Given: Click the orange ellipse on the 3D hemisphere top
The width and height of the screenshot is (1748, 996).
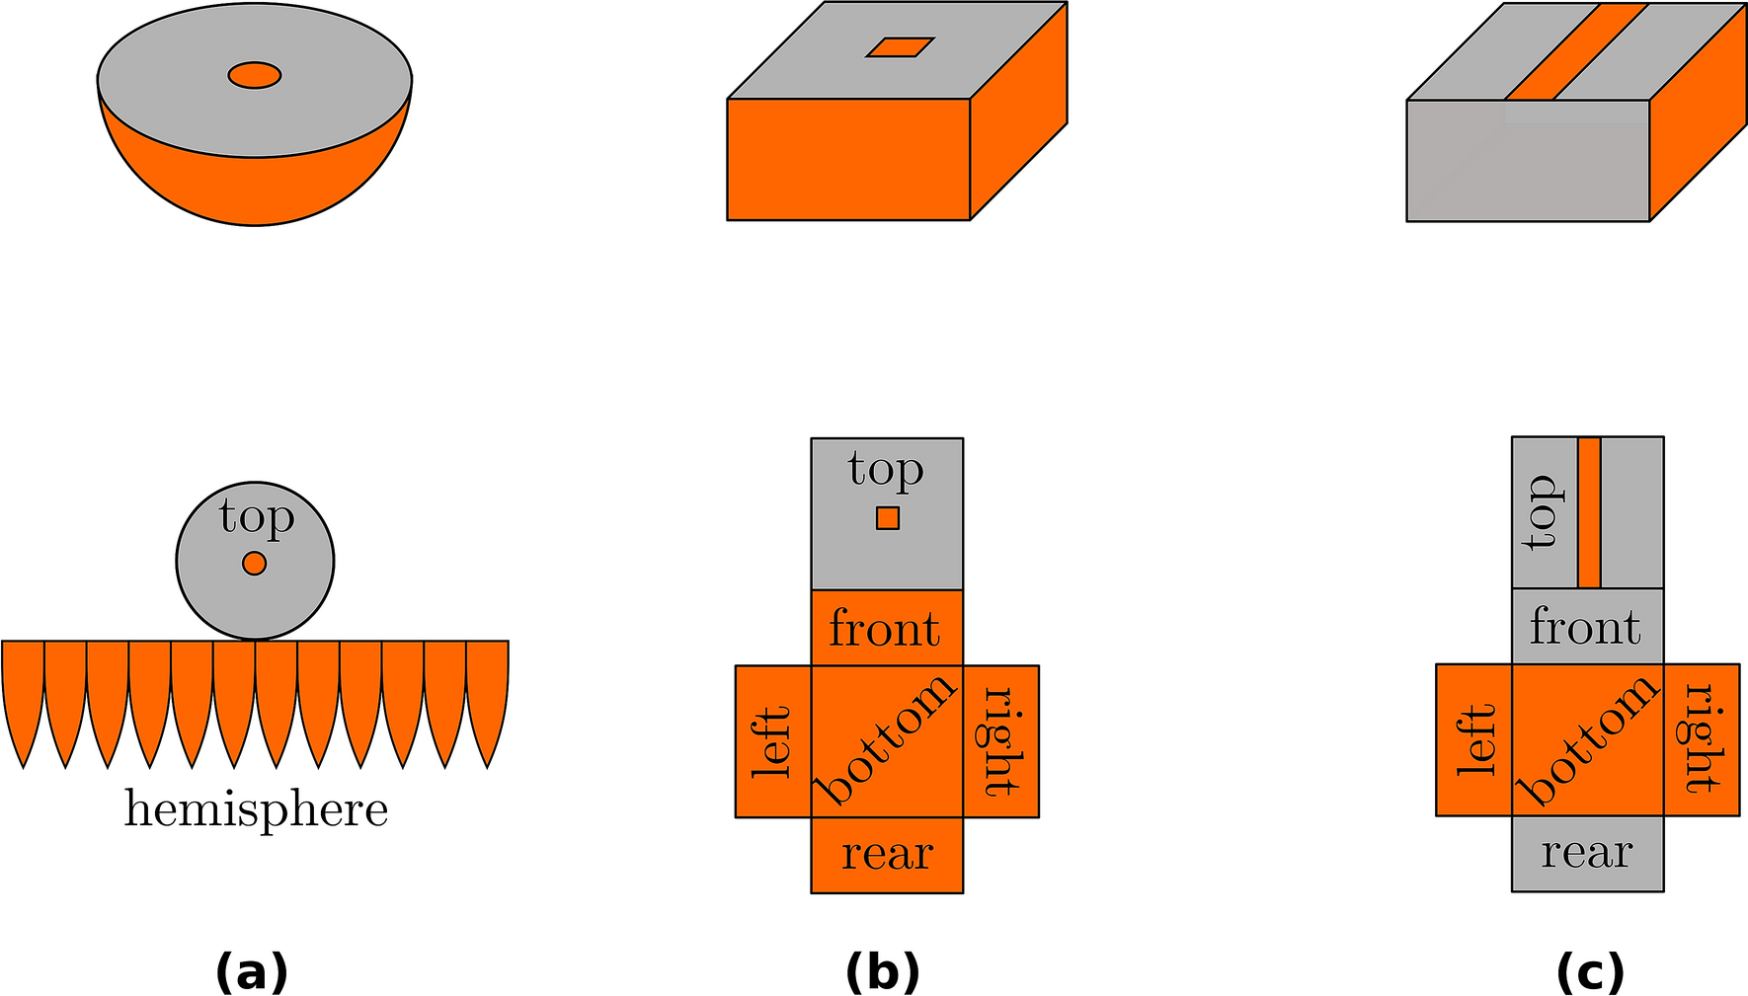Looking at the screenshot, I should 255,75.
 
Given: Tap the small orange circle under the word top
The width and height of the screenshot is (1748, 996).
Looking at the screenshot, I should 255,564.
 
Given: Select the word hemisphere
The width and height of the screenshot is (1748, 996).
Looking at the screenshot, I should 256,810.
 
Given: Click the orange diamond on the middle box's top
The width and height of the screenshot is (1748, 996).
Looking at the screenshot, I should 900,47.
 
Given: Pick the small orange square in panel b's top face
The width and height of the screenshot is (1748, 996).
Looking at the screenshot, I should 888,518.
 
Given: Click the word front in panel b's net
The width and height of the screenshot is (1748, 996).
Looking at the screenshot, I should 885,629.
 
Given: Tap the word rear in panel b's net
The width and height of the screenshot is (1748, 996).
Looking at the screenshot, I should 887,855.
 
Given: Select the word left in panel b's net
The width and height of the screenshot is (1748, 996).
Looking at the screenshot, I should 772,741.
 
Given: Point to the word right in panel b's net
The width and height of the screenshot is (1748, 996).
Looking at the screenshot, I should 999,741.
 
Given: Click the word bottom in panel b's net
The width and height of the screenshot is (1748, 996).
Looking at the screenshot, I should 886,739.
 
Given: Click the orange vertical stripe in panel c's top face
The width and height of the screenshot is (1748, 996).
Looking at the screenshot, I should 1589,512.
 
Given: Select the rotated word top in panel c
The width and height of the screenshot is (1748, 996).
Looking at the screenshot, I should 1542,512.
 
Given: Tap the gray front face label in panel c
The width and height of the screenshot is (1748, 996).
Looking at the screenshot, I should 1586,627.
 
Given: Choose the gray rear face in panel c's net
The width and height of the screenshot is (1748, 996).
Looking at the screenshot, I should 1587,853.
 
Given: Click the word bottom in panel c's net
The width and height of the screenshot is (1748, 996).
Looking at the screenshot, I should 1587,739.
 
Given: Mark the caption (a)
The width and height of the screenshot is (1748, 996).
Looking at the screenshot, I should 252,972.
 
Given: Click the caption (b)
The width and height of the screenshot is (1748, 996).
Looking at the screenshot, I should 883,972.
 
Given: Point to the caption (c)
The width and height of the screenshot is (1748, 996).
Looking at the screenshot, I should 1590,972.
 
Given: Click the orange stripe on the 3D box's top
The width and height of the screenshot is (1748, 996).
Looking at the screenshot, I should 1575,51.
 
